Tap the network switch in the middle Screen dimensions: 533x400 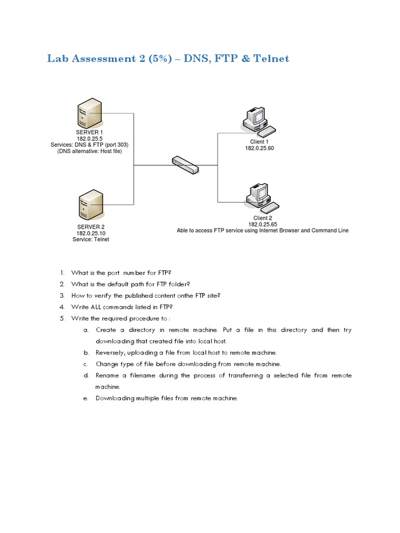185,165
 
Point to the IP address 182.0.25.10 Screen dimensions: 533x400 91,233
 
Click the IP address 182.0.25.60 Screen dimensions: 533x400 259,148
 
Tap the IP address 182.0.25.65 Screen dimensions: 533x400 262,224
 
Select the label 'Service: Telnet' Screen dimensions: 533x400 91,239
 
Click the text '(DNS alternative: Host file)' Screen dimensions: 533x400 90,151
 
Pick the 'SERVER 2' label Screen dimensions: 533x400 91,227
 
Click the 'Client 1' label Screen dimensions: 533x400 259,142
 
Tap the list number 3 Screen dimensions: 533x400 61,296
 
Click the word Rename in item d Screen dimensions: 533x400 107,375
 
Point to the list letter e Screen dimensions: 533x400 84,398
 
